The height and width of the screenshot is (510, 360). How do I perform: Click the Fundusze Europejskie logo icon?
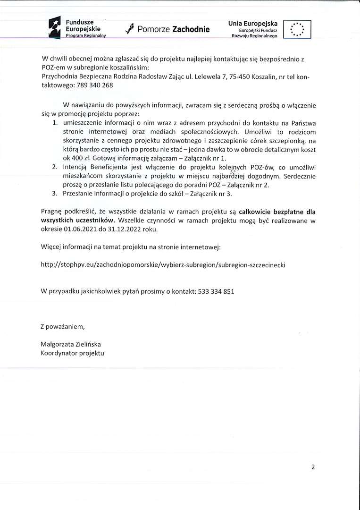[55, 27]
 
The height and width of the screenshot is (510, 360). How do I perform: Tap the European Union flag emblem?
[297, 29]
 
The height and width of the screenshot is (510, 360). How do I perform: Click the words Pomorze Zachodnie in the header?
[173, 29]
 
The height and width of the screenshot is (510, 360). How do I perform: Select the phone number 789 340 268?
[96, 85]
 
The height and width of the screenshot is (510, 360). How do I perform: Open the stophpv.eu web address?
[163, 264]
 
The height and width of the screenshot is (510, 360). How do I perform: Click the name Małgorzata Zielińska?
[71, 344]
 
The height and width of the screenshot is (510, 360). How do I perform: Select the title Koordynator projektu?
[72, 353]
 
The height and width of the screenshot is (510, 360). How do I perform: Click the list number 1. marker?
[55, 123]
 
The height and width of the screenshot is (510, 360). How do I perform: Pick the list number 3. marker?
[55, 194]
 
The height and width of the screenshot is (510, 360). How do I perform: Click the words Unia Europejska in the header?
[253, 23]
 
